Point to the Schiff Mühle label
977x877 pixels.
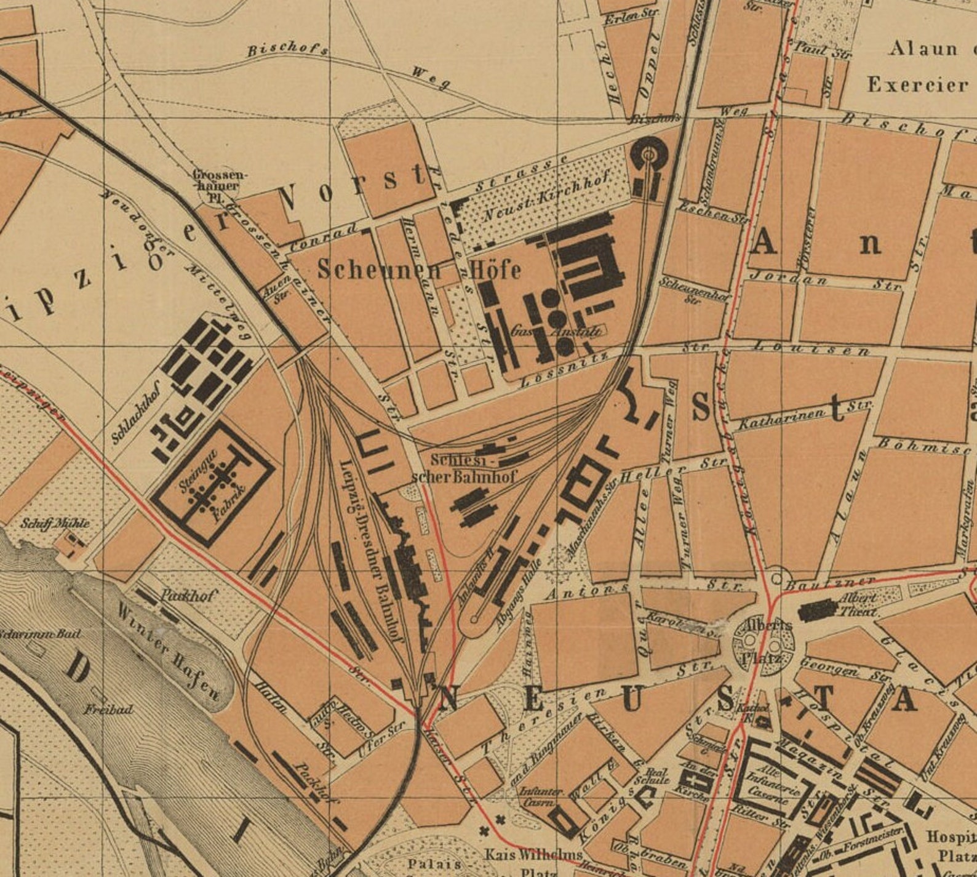[55, 524]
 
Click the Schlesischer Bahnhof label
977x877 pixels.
[465, 468]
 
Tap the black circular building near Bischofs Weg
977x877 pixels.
[648, 154]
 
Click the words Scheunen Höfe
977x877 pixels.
[419, 270]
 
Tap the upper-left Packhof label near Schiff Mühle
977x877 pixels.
[188, 595]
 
